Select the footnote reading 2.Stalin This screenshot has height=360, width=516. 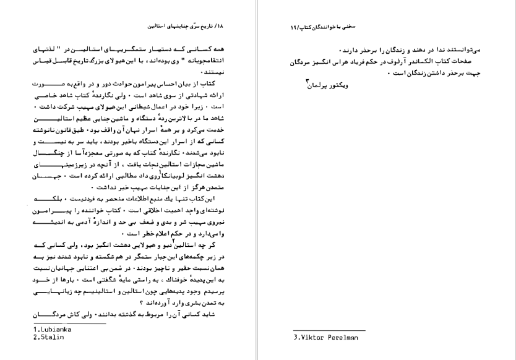click(x=49, y=337)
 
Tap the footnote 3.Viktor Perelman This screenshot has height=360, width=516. click(x=325, y=338)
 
